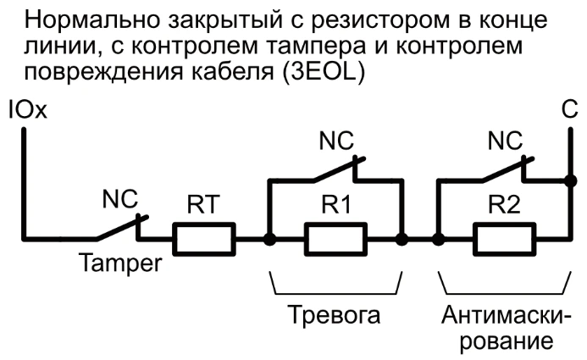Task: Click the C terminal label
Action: [x=569, y=111]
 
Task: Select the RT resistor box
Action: [x=204, y=240]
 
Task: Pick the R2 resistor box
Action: [x=504, y=240]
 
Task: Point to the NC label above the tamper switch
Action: [x=119, y=201]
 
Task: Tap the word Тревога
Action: [x=335, y=316]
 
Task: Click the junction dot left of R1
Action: [x=269, y=240]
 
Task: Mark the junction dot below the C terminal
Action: [x=569, y=180]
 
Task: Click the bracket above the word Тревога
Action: [x=335, y=286]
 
